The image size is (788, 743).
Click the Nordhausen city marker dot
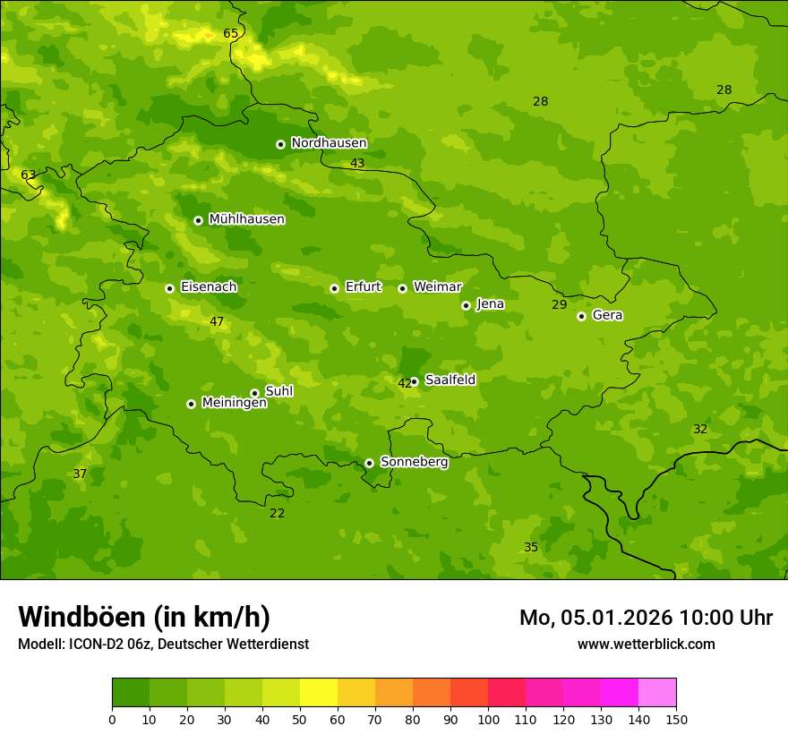pyautogui.click(x=280, y=144)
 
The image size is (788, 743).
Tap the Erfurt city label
pyautogui.click(x=363, y=287)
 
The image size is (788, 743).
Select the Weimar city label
pyautogui.click(x=437, y=287)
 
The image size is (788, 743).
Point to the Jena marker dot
pyautogui.click(x=466, y=305)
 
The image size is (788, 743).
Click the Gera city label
pyautogui.click(x=607, y=315)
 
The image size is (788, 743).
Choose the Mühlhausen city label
pyautogui.click(x=246, y=219)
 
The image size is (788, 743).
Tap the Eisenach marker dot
pyautogui.click(x=169, y=288)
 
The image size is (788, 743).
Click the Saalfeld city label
pyautogui.click(x=450, y=380)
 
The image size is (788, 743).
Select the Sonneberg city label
pyautogui.click(x=414, y=462)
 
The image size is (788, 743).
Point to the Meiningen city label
pyautogui.click(x=234, y=403)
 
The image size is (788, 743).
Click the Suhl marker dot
pyautogui.click(x=254, y=393)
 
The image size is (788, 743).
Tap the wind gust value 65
pyautogui.click(x=231, y=34)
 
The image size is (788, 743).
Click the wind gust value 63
pyautogui.click(x=29, y=175)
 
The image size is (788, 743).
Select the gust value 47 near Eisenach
pyautogui.click(x=217, y=321)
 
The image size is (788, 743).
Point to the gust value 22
pyautogui.click(x=278, y=513)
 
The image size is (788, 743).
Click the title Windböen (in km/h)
pyautogui.click(x=144, y=617)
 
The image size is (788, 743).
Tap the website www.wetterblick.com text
pyautogui.click(x=646, y=644)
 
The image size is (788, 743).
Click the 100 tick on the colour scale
pyautogui.click(x=488, y=719)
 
